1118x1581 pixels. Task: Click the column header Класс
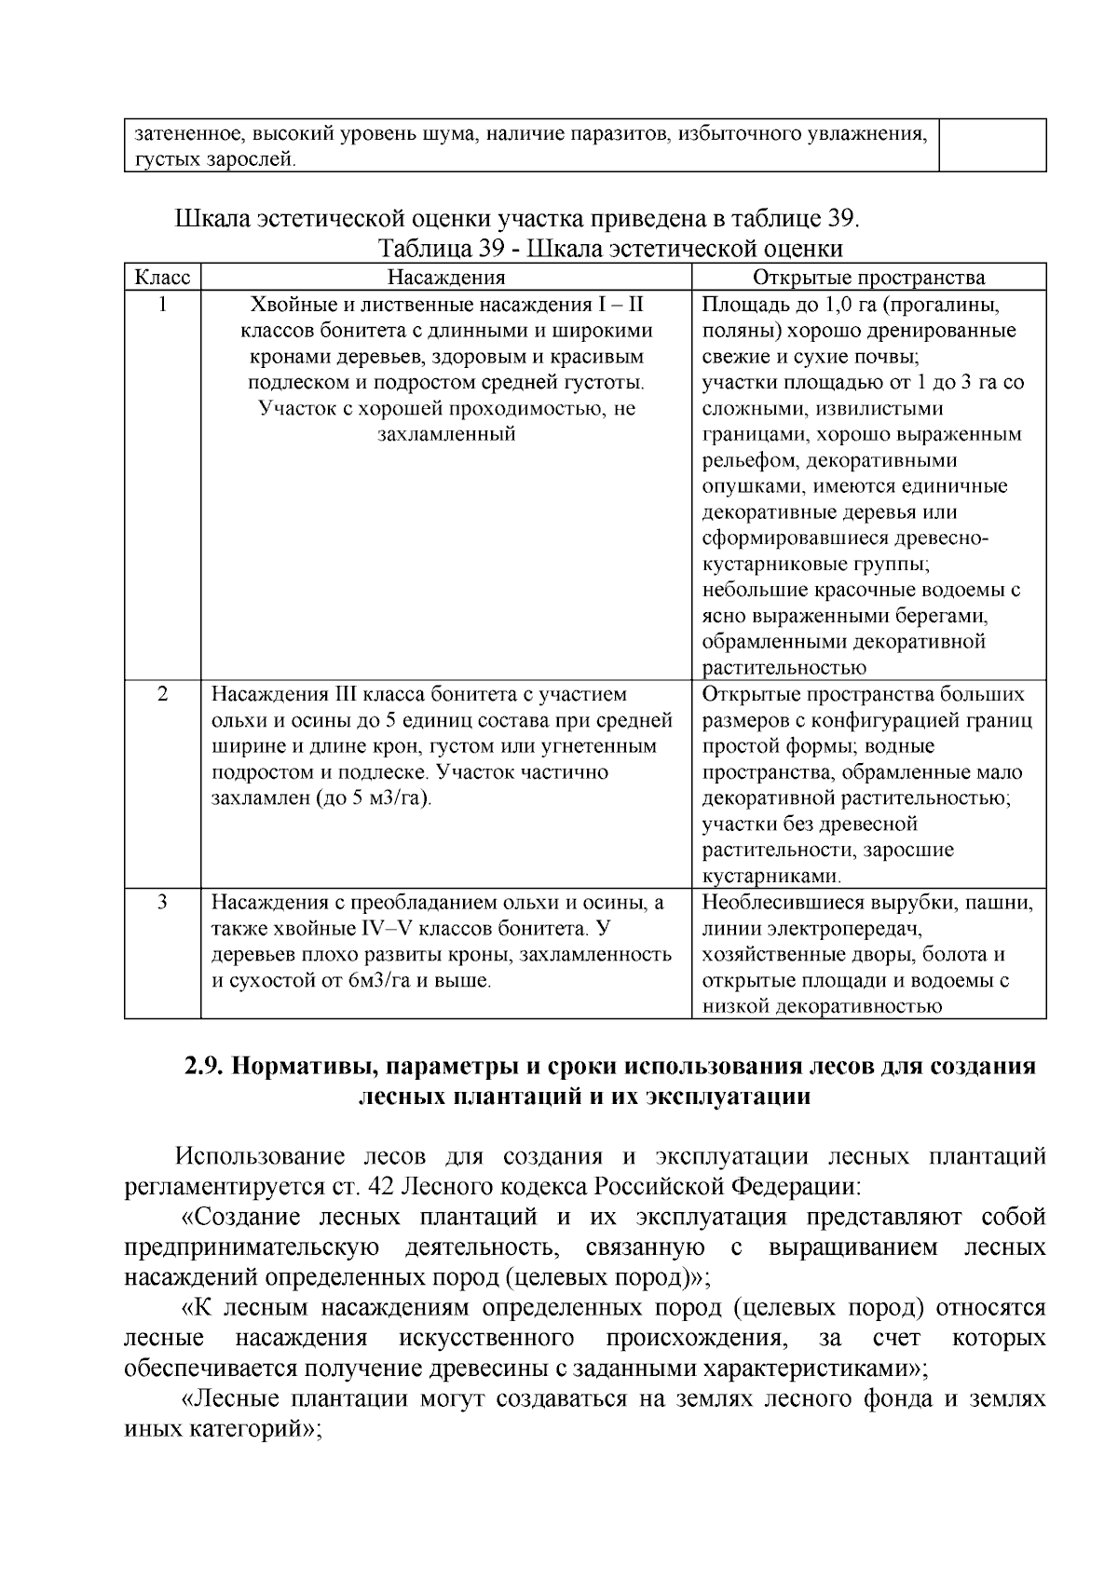[x=162, y=278]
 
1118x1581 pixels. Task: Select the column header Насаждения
[x=446, y=278]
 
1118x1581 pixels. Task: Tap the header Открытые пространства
[x=868, y=278]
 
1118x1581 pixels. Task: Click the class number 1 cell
[x=162, y=305]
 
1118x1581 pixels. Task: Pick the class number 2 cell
[x=162, y=695]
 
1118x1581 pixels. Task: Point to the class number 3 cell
[x=162, y=903]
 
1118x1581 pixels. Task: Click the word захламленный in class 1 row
[x=446, y=435]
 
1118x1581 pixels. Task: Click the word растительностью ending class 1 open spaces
[x=784, y=668]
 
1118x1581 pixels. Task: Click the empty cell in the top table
[x=992, y=145]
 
